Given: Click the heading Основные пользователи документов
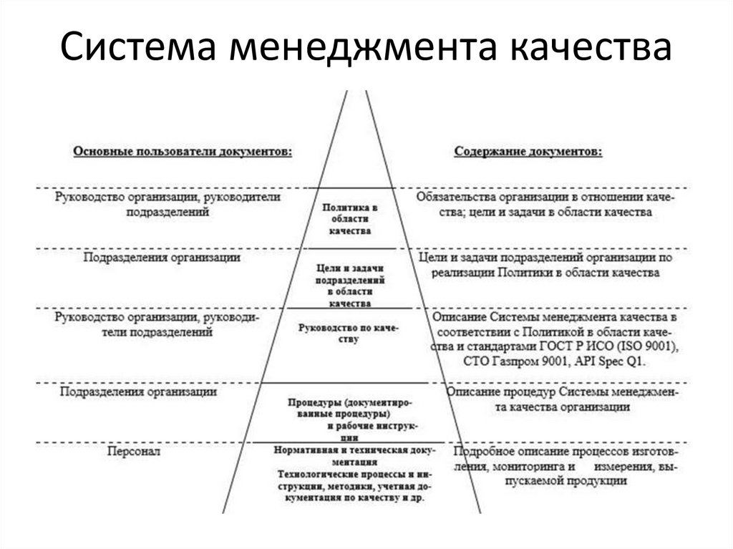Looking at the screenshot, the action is (182, 152).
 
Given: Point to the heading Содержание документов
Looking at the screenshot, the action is (528, 152).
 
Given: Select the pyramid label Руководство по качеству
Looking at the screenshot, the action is (349, 333).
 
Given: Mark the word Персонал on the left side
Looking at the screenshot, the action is (134, 452).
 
